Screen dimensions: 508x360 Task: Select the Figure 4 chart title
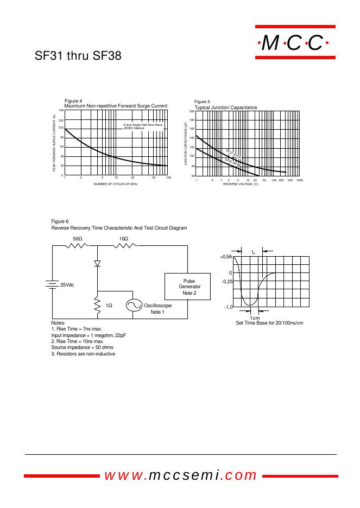pyautogui.click(x=116, y=105)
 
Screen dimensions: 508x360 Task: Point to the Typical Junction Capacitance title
pyautogui.click(x=226, y=107)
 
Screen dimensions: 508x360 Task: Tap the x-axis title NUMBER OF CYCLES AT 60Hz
pyautogui.click(x=115, y=185)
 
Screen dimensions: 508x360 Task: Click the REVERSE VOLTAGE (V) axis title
pyautogui.click(x=240, y=184)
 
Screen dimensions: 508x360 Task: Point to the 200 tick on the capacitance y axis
pyautogui.click(x=192, y=111)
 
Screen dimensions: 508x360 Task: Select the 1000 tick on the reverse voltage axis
pyautogui.click(x=299, y=180)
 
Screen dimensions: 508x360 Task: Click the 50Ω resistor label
pyautogui.click(x=78, y=239)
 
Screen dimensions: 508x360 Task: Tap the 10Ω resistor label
pyautogui.click(x=124, y=239)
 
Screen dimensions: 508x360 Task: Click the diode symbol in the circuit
pyautogui.click(x=98, y=264)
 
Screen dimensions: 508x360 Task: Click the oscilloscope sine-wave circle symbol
pyautogui.click(x=134, y=306)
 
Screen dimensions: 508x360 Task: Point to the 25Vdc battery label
pyautogui.click(x=67, y=284)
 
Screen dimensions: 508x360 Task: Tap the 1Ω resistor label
pyautogui.click(x=109, y=306)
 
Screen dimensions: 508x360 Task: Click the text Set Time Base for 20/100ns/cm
pyautogui.click(x=269, y=323)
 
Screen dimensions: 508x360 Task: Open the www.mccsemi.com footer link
pyautogui.click(x=180, y=475)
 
